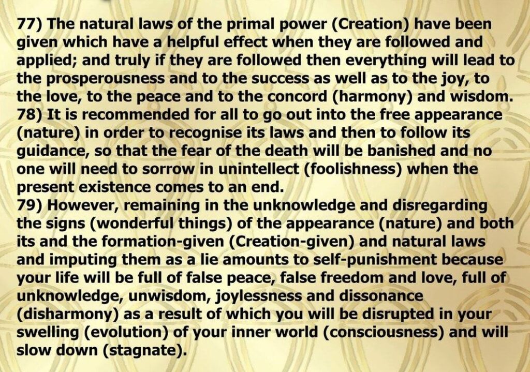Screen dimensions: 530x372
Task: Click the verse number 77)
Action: click(31, 24)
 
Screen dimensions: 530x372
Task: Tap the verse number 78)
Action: click(31, 115)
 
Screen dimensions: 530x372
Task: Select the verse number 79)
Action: click(31, 205)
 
